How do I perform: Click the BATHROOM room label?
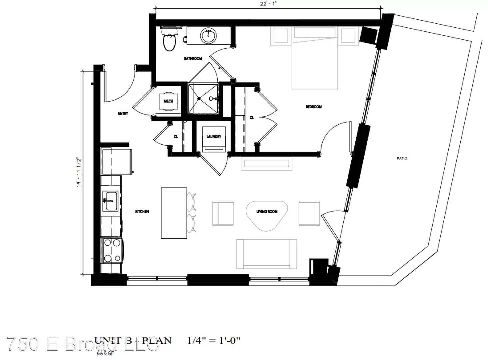(193, 59)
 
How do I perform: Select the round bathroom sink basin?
(209, 35)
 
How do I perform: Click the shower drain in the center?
(199, 99)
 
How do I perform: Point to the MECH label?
(168, 101)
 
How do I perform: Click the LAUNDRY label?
(214, 137)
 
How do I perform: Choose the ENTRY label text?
(123, 114)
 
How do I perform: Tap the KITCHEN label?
(142, 212)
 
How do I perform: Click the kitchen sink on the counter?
(110, 201)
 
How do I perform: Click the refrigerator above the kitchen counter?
(117, 162)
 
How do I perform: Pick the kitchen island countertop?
(174, 213)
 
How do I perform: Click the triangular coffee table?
(267, 215)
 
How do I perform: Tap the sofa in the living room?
(266, 254)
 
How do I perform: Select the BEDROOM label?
(313, 107)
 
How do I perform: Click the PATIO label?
(402, 159)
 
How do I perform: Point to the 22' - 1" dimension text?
(268, 3)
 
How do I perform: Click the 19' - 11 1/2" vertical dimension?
(79, 172)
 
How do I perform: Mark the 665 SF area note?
(105, 353)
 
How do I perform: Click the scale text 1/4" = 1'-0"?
(214, 341)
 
